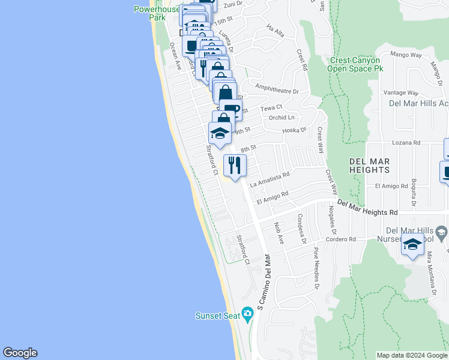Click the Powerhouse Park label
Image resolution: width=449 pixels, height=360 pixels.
click(157, 13)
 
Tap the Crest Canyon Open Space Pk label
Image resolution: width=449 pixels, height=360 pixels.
click(355, 64)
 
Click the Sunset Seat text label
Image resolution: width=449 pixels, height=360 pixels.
click(217, 316)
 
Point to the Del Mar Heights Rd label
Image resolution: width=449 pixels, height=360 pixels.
click(367, 208)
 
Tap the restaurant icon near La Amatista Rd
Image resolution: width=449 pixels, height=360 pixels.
click(234, 164)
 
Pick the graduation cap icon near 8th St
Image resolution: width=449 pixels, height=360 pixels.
click(220, 134)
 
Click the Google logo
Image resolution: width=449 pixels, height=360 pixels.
click(20, 353)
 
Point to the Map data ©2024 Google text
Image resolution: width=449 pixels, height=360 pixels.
click(412, 355)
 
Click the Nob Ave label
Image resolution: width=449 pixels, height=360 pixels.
click(279, 232)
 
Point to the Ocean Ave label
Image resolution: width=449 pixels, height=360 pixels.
click(175, 56)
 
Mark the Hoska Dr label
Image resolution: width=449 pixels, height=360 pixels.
click(295, 130)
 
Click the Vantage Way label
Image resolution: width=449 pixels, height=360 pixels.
click(400, 93)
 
